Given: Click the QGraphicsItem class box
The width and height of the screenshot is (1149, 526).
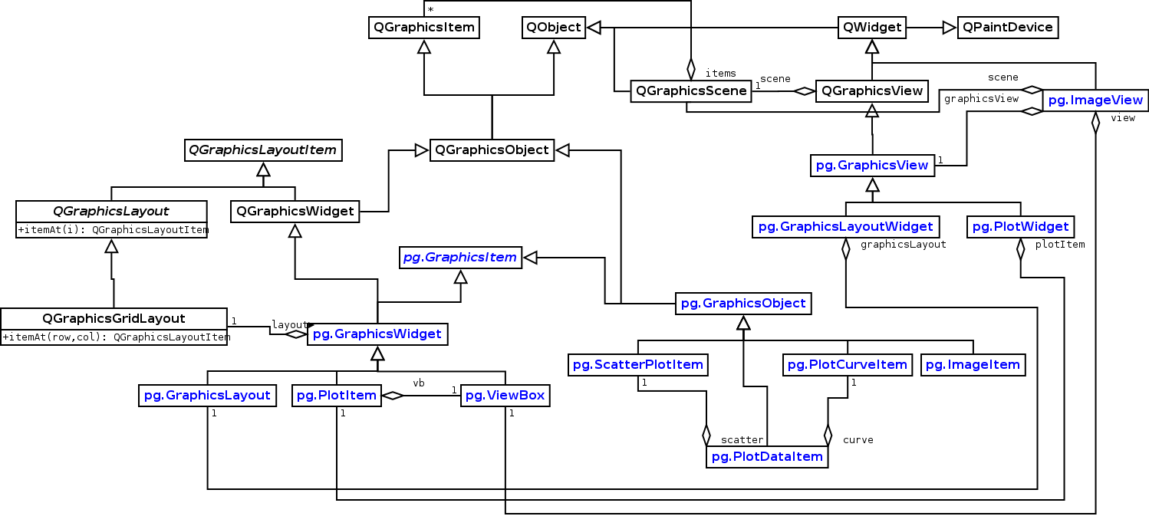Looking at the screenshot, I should point(423,28).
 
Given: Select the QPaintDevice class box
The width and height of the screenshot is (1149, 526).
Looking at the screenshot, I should point(1008,28).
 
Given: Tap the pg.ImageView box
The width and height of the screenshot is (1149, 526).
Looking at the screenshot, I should point(1095,100).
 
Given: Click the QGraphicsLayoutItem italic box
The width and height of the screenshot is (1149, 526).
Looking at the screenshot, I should point(263,150).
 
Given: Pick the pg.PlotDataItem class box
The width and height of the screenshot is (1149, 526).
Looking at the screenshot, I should point(767,457).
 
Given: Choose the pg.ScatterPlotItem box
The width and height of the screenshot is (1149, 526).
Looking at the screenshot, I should point(637,365).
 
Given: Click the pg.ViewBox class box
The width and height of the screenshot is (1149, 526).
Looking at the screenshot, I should point(505,396).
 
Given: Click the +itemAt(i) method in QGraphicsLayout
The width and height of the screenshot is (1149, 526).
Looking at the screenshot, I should point(112,229).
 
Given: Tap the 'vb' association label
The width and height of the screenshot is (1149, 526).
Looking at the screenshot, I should point(419,382).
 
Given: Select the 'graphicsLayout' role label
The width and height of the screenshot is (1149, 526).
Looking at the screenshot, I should point(903,245).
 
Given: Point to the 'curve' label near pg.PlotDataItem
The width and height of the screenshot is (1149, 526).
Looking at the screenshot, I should point(858,439).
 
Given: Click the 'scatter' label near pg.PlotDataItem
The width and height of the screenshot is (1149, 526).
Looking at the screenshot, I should point(742,439).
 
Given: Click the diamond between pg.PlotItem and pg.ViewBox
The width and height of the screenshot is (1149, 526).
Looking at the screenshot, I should point(392,396).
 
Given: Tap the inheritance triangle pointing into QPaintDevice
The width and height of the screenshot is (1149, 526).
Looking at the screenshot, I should point(950,28).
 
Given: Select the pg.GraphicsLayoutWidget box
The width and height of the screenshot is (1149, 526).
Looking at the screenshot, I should point(845,226).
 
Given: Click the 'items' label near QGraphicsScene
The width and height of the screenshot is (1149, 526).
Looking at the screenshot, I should point(720,73).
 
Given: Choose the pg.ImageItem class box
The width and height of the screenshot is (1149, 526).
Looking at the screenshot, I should point(973,365).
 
